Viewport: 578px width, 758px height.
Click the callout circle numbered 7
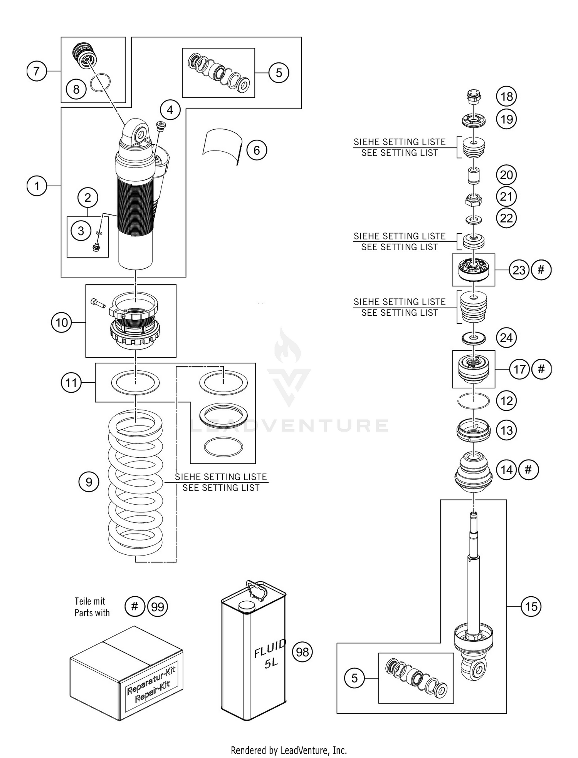[x=37, y=71]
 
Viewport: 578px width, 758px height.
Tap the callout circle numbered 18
[x=506, y=96]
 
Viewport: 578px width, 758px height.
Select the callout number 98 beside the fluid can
[x=302, y=652]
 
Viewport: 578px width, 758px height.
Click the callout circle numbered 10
[x=62, y=323]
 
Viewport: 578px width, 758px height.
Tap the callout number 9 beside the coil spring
[x=89, y=482]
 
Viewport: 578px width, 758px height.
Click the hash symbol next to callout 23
[x=541, y=270]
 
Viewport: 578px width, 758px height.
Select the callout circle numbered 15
[x=531, y=607]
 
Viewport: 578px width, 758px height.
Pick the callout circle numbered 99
[x=158, y=607]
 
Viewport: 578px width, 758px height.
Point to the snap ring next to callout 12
[x=473, y=401]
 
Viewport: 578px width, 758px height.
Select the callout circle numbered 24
[x=506, y=338]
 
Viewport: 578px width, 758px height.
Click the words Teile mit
[x=90, y=601]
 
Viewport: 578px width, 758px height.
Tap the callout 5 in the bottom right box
[x=355, y=678]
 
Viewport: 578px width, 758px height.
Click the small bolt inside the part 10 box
[x=98, y=303]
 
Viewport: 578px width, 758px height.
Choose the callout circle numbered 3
[x=81, y=231]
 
